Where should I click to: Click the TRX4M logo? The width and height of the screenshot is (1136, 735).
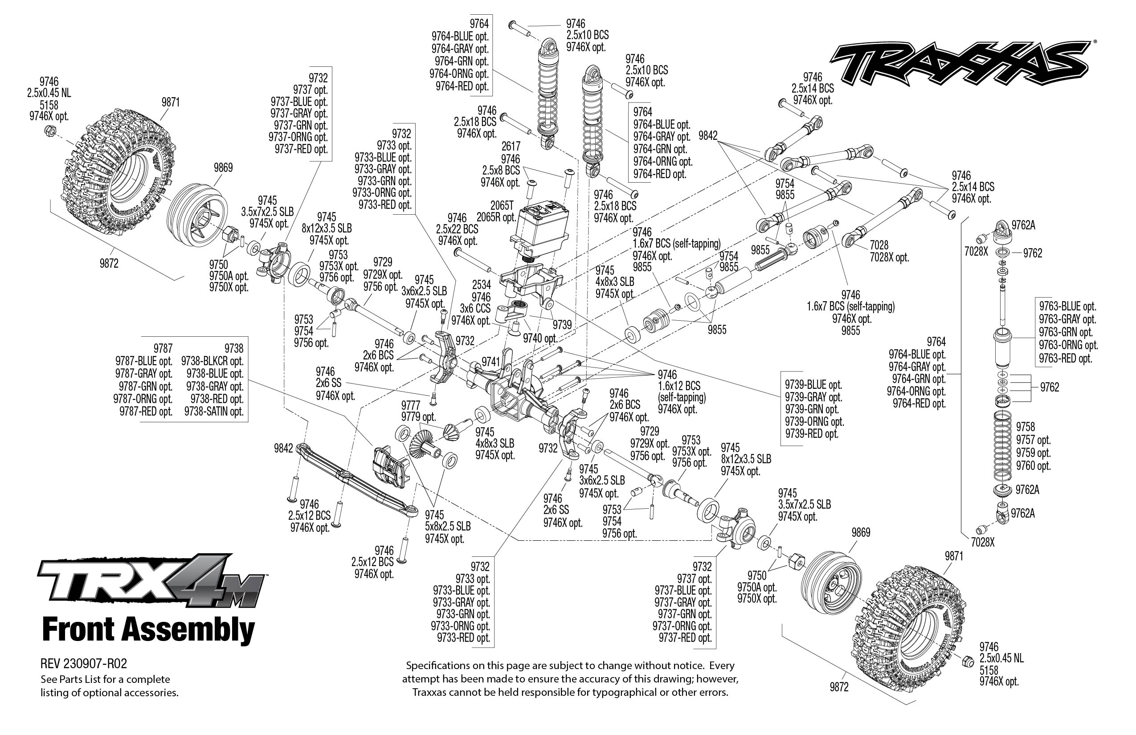151,581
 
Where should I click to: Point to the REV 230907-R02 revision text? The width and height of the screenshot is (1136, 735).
84,664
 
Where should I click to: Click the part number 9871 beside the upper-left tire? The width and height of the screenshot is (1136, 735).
170,102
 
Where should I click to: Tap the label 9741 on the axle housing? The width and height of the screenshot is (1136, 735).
490,362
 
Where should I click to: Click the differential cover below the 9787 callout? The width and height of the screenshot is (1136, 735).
390,466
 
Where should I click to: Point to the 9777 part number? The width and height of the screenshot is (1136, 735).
410,405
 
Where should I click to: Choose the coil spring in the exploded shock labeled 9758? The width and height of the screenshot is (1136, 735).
1002,447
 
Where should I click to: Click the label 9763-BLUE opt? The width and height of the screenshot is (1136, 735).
1067,306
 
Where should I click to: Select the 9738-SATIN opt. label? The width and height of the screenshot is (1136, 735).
214,412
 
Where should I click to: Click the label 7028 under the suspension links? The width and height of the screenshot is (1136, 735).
879,245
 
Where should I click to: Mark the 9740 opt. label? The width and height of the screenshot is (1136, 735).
540,339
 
